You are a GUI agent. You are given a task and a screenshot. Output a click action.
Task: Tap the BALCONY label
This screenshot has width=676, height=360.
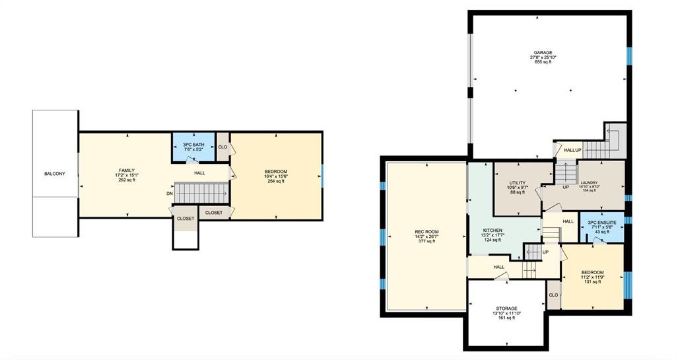(55, 174)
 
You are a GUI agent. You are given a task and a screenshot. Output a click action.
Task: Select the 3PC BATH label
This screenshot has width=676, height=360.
(193, 145)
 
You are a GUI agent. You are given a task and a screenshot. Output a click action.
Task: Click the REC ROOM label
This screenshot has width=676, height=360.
(426, 232)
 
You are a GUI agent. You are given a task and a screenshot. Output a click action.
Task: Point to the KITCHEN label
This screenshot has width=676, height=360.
(492, 231)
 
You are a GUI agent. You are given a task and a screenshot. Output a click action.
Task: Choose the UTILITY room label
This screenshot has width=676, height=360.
(518, 183)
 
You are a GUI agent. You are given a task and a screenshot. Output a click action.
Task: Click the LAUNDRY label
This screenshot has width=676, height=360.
(589, 183)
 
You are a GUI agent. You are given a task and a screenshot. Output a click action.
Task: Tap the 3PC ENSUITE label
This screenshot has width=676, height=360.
(602, 223)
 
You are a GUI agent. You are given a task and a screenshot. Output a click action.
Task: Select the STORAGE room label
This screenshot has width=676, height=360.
(506, 308)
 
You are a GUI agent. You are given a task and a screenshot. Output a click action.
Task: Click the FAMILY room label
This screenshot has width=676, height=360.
(127, 170)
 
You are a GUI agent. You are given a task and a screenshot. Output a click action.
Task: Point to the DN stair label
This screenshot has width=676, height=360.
(170, 194)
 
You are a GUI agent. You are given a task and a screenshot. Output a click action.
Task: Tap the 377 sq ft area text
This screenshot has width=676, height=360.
(426, 242)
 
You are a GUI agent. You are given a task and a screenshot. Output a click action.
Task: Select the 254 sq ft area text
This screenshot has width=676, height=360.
(276, 181)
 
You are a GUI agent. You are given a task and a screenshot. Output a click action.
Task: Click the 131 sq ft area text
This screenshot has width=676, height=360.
(592, 282)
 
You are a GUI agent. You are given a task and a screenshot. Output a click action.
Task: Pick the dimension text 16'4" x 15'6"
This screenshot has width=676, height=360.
(276, 176)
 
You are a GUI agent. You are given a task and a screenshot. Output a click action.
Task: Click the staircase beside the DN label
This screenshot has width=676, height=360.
(202, 193)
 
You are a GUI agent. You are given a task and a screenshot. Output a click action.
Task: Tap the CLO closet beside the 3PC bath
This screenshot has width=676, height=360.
(222, 147)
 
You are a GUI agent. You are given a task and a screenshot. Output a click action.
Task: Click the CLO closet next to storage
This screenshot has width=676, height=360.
(554, 295)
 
